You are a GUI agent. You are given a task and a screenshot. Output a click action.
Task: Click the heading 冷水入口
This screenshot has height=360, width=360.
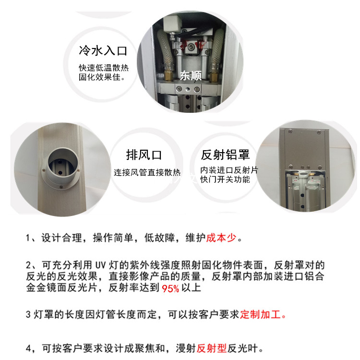point(103,51)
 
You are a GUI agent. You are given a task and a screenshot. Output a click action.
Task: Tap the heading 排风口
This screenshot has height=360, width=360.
point(144,155)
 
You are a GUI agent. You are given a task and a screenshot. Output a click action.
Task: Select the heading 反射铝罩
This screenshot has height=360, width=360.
point(225,155)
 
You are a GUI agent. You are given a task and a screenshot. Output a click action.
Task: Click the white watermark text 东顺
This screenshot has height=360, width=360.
point(191,75)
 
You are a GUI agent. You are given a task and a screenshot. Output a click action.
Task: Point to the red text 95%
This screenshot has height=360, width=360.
point(170,288)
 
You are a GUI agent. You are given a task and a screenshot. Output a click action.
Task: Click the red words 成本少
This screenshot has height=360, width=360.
point(221,238)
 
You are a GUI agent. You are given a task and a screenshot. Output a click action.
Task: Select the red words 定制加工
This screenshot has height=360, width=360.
point(260,314)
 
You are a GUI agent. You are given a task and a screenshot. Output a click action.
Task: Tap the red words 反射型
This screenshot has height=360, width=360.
point(212,348)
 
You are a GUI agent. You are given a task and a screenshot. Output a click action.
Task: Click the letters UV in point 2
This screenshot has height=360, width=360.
point(100,265)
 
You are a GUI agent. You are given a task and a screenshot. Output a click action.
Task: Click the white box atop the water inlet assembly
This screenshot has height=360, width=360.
point(172,24)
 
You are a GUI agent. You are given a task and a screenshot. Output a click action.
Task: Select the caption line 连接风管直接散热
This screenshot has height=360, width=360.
point(147,172)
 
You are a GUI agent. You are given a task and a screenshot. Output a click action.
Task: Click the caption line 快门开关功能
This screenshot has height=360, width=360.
point(225,180)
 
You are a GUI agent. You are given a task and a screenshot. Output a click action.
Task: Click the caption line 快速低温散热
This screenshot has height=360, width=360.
point(104,68)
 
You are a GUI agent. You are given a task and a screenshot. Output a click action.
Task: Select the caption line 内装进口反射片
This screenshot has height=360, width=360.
point(229,170)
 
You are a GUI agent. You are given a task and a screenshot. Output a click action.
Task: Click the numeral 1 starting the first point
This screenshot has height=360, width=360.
point(28,238)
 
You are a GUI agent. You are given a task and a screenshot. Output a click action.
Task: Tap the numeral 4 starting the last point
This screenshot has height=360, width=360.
point(28,348)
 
